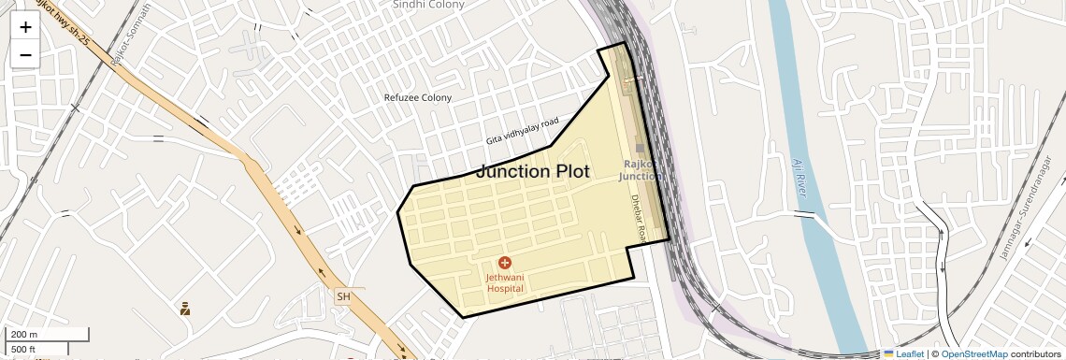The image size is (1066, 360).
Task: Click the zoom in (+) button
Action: coord(25,27)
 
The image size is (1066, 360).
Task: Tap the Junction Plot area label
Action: coord(533,171)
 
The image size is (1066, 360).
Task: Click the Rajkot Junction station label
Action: coord(642,170)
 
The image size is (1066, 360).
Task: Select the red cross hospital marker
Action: coord(505,264)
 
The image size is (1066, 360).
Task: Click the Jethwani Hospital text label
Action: coord(505,282)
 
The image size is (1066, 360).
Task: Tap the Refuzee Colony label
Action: coord(418,97)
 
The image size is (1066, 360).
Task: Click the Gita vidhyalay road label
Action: coord(522,131)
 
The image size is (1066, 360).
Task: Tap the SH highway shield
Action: coord(344,296)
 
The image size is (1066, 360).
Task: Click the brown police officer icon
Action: coord(185,308)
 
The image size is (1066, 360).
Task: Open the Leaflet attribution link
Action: coord(903,353)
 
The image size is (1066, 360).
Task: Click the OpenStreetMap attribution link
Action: coord(973,353)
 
